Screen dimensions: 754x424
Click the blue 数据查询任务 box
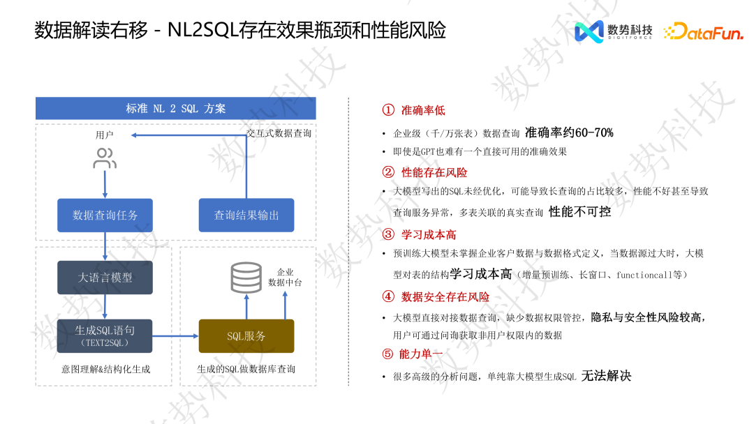coord(105,215)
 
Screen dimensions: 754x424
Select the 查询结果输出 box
coord(246,215)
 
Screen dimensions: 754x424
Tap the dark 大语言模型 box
coord(105,278)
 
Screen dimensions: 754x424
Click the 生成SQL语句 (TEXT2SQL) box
coord(105,335)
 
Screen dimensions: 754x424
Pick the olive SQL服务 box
coord(246,336)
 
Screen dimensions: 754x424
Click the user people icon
coord(105,158)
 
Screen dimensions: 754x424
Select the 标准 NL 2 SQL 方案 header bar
coord(176,109)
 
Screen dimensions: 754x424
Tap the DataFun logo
coord(703,31)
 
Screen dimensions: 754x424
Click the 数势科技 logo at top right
coord(613,31)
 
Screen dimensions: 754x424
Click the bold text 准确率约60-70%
coord(569,132)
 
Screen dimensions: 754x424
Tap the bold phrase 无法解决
coord(606,376)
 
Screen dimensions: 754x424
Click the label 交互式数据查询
coord(279,133)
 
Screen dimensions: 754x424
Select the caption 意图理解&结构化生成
coord(105,369)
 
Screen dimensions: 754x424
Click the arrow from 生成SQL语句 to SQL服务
coord(175,336)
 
